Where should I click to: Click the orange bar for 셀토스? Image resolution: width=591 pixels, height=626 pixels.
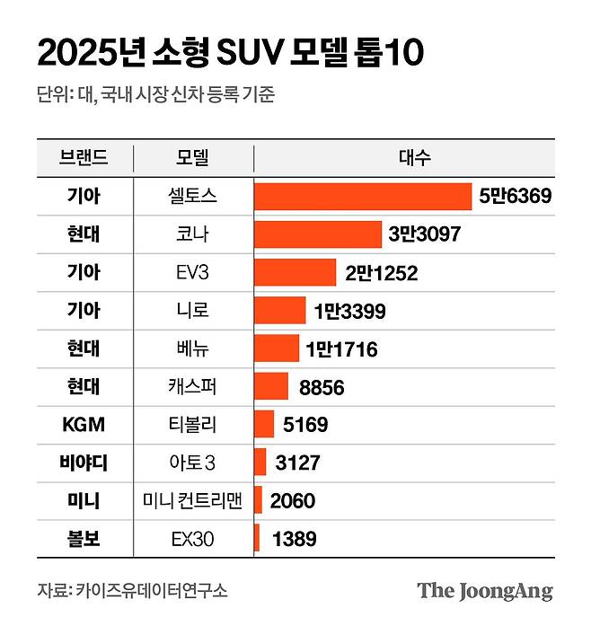click(363, 197)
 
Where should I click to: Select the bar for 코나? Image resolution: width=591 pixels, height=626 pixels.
click(318, 234)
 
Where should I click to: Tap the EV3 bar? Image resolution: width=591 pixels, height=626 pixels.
click(295, 272)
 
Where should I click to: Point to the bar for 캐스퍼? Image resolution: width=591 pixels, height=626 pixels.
click(271, 387)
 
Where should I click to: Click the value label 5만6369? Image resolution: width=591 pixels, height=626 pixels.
click(515, 197)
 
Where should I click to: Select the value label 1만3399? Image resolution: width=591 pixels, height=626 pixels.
click(350, 311)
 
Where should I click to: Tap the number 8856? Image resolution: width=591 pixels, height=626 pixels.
click(322, 388)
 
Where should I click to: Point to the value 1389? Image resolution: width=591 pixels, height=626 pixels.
click(294, 540)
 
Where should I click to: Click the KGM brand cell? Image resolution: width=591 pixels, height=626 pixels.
click(84, 425)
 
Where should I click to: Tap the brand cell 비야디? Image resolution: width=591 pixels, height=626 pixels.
click(84, 463)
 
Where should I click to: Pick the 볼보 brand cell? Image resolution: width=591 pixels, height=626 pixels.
click(84, 540)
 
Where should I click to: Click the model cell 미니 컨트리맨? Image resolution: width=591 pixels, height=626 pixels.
click(192, 501)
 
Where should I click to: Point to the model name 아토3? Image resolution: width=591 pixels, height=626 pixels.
click(192, 463)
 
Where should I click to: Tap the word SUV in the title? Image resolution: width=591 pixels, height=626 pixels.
click(241, 54)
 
